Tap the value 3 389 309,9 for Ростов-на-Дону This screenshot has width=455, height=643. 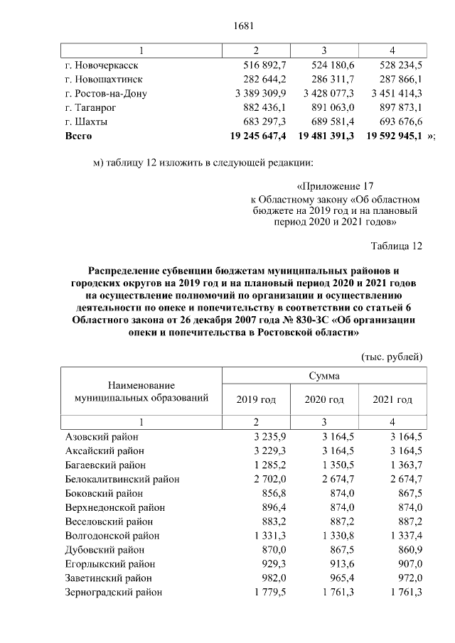click(259, 93)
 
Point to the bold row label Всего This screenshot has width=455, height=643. click(78, 134)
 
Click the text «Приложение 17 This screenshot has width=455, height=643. click(334, 187)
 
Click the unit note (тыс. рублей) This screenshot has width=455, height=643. click(392, 355)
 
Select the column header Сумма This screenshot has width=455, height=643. click(323, 375)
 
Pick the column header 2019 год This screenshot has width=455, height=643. click(256, 399)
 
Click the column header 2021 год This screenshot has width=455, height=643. click(392, 399)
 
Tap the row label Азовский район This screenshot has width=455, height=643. click(102, 437)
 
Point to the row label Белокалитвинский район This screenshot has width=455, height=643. click(122, 479)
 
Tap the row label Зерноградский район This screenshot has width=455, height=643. click(113, 591)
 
